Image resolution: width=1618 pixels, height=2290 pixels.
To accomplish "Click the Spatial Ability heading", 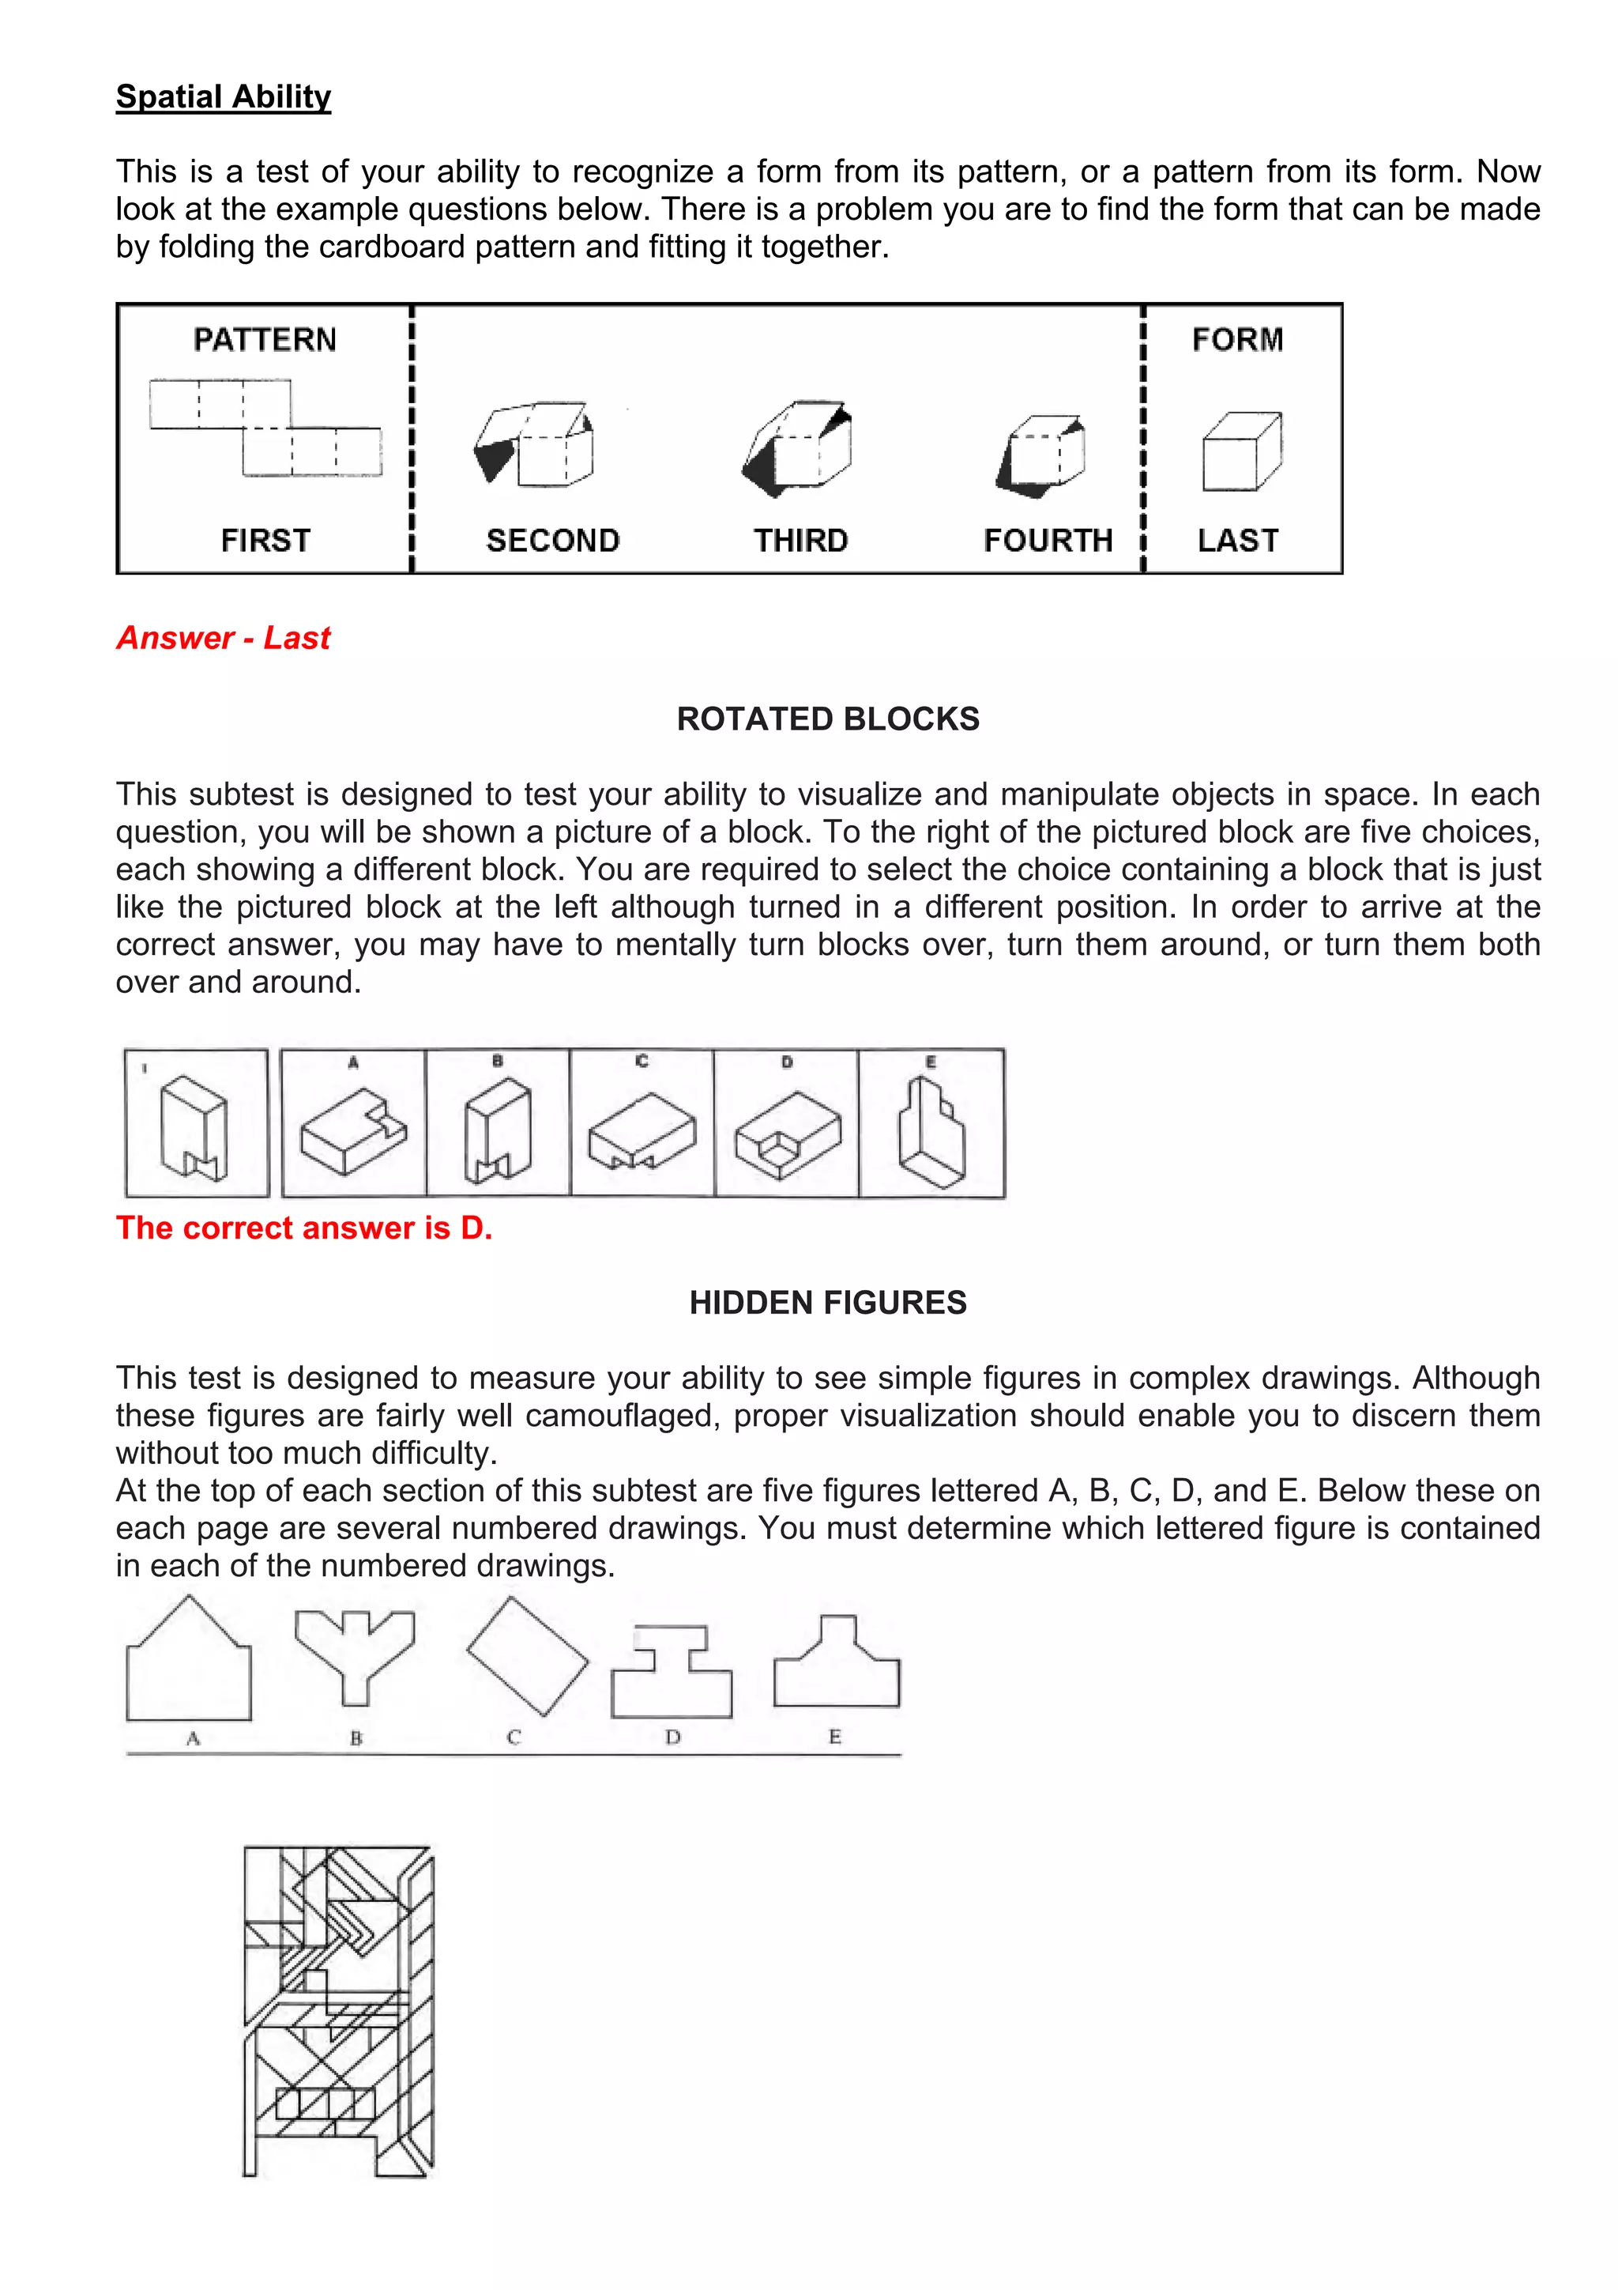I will (224, 96).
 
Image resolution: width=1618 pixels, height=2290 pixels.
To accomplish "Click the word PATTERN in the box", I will (265, 340).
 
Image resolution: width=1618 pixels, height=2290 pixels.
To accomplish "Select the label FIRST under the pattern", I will (265, 541).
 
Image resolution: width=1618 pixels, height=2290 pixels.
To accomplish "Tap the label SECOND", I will (552, 541).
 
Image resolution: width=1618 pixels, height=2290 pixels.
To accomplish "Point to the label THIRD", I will (800, 541).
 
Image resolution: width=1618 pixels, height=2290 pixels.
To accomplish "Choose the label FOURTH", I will (1048, 541).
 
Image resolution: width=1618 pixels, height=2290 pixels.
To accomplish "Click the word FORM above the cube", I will (1237, 340).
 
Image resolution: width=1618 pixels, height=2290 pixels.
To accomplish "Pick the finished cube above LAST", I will (1241, 452).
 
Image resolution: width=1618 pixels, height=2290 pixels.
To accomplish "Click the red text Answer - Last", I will (224, 637).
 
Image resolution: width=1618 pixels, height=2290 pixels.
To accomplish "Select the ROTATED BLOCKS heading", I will (827, 719).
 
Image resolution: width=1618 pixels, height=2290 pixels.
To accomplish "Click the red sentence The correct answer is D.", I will (304, 1228).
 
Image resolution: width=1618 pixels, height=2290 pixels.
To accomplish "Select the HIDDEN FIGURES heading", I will (827, 1303).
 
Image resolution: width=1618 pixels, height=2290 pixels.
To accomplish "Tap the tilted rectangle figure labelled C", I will (526, 1657).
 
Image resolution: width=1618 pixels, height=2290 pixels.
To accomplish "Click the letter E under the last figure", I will (834, 1737).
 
